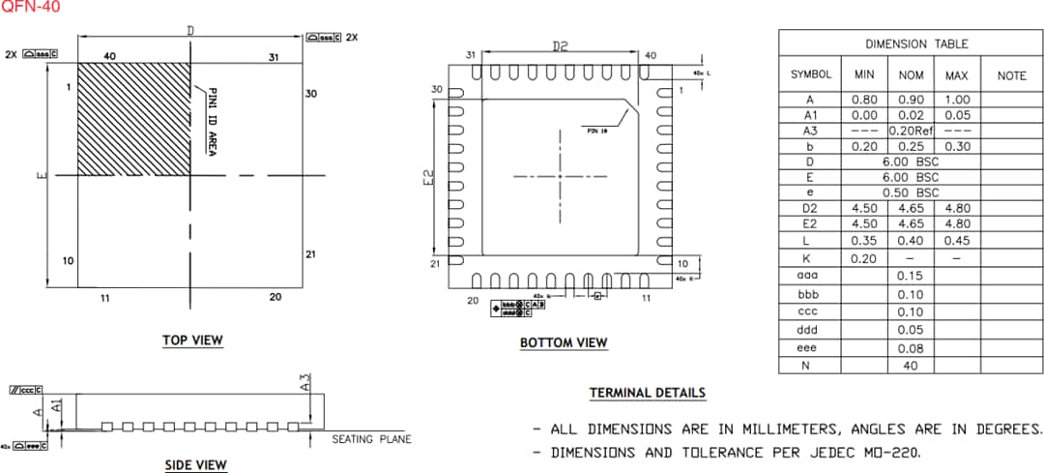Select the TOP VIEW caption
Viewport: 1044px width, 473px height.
192,340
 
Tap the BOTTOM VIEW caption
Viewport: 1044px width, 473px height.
564,342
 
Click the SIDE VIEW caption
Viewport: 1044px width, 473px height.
196,465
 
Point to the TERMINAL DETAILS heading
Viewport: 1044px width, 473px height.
648,393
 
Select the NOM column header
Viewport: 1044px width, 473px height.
911,74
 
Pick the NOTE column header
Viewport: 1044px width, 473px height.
1011,74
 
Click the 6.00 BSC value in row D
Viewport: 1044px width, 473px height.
910,162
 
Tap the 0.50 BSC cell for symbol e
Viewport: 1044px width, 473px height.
910,192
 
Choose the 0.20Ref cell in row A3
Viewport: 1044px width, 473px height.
911,131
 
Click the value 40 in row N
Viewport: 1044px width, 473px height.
911,365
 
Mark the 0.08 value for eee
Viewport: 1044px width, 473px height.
911,347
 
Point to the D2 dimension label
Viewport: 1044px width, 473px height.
560,45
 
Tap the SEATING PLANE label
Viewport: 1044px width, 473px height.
371,439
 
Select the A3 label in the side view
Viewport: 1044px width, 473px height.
305,383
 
